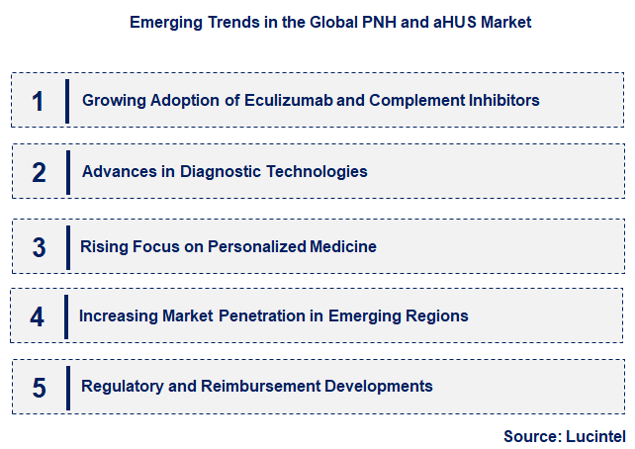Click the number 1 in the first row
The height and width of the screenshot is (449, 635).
coord(39,100)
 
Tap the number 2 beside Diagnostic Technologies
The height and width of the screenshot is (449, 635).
coord(39,172)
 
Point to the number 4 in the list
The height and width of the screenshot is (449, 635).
coord(38,316)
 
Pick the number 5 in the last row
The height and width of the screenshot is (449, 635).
coord(39,387)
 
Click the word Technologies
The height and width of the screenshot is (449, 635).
coord(310,171)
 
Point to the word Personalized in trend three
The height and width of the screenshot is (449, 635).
coord(256,246)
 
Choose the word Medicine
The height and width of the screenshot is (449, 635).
coord(342,246)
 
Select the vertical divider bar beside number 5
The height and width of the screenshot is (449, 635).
coord(67,387)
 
